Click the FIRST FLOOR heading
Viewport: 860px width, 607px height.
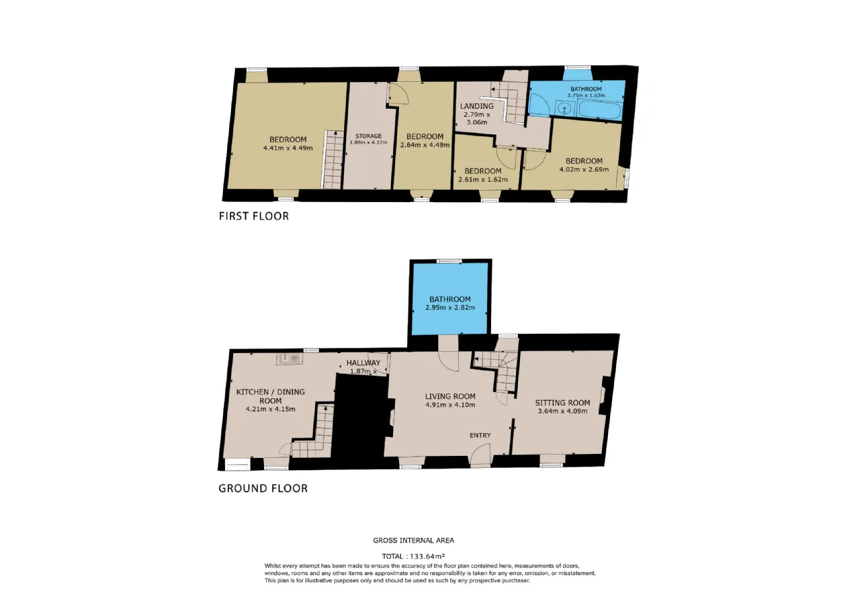point(254,216)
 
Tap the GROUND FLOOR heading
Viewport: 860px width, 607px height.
point(263,488)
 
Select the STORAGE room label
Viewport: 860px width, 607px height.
point(368,136)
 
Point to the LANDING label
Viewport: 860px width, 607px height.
point(477,106)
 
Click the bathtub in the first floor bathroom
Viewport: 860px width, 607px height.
point(600,109)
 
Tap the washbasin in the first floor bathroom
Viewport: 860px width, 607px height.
point(565,108)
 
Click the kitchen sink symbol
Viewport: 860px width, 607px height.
point(290,359)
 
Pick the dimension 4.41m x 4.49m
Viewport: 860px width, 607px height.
point(288,148)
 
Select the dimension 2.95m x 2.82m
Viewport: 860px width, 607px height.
point(450,308)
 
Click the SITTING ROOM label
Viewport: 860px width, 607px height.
point(562,403)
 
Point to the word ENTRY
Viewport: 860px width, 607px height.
point(480,436)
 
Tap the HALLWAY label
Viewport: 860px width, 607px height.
point(363,363)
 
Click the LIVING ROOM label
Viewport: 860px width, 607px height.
point(450,396)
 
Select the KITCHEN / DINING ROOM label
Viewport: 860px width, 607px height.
point(270,396)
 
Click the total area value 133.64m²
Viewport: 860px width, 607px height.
point(427,556)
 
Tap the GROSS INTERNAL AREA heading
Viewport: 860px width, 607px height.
point(413,541)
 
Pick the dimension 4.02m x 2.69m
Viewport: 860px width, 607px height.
point(584,169)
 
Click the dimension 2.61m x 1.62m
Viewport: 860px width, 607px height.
point(483,179)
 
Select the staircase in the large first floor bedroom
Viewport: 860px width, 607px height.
point(333,159)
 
